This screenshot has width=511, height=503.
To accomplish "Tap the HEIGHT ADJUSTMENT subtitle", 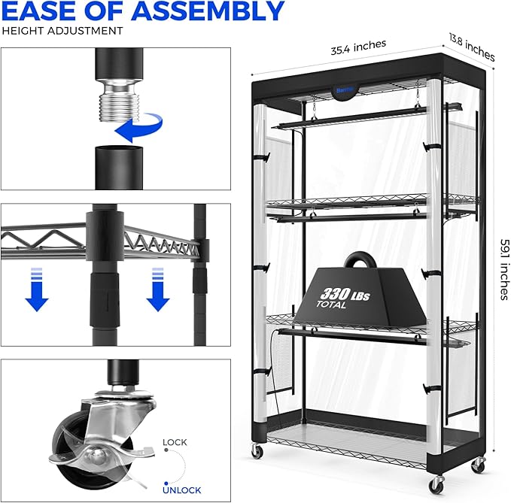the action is coord(62,31).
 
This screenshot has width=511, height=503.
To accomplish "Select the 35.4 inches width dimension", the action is coord(358,47).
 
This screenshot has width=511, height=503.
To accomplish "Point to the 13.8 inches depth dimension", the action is coord(472,47).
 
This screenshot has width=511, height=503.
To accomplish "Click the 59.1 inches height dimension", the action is coord(504,269).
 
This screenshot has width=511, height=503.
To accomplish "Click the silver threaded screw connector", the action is coord(119,101).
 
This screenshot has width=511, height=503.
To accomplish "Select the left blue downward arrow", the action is coord(37,289).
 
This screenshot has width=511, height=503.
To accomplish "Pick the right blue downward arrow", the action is coord(158,289).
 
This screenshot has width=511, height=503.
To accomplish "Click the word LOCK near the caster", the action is coord(175,442).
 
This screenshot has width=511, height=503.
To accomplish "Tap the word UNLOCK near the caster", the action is coord(182,490).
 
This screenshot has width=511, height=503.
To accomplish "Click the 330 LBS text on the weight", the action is coord(345,294).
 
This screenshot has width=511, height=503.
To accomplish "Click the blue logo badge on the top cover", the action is coord(345,90).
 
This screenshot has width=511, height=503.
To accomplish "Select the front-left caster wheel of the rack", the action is coord(257,450).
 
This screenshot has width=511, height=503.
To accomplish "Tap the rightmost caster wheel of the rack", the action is coord(478,465).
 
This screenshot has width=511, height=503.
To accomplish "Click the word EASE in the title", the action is coord(41,11).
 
